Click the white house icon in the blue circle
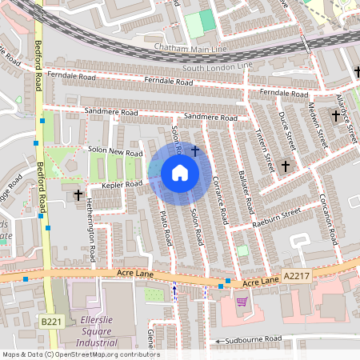[x=180, y=173]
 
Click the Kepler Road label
[x=122, y=184]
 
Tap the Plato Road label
[x=166, y=227]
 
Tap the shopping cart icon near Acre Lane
[x=242, y=301]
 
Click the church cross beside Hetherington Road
[x=78, y=194]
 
